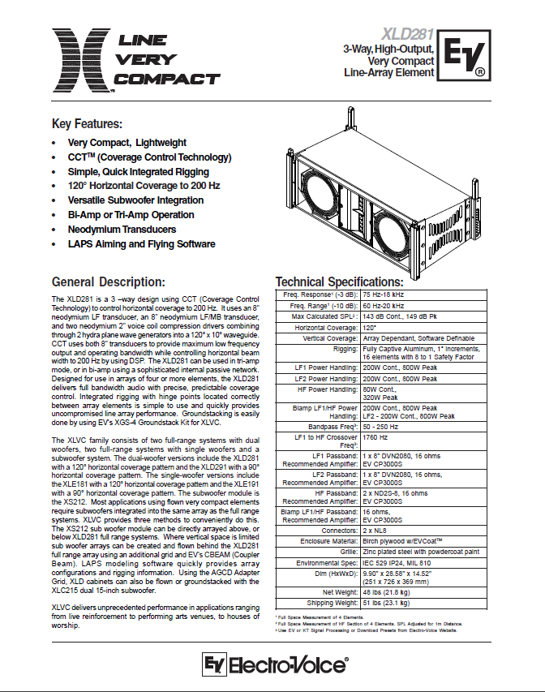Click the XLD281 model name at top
(x=406, y=37)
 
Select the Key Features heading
(x=87, y=124)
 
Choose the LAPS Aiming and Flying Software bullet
(x=141, y=244)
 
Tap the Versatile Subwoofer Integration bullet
(x=135, y=200)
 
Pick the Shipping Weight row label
(x=330, y=603)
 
